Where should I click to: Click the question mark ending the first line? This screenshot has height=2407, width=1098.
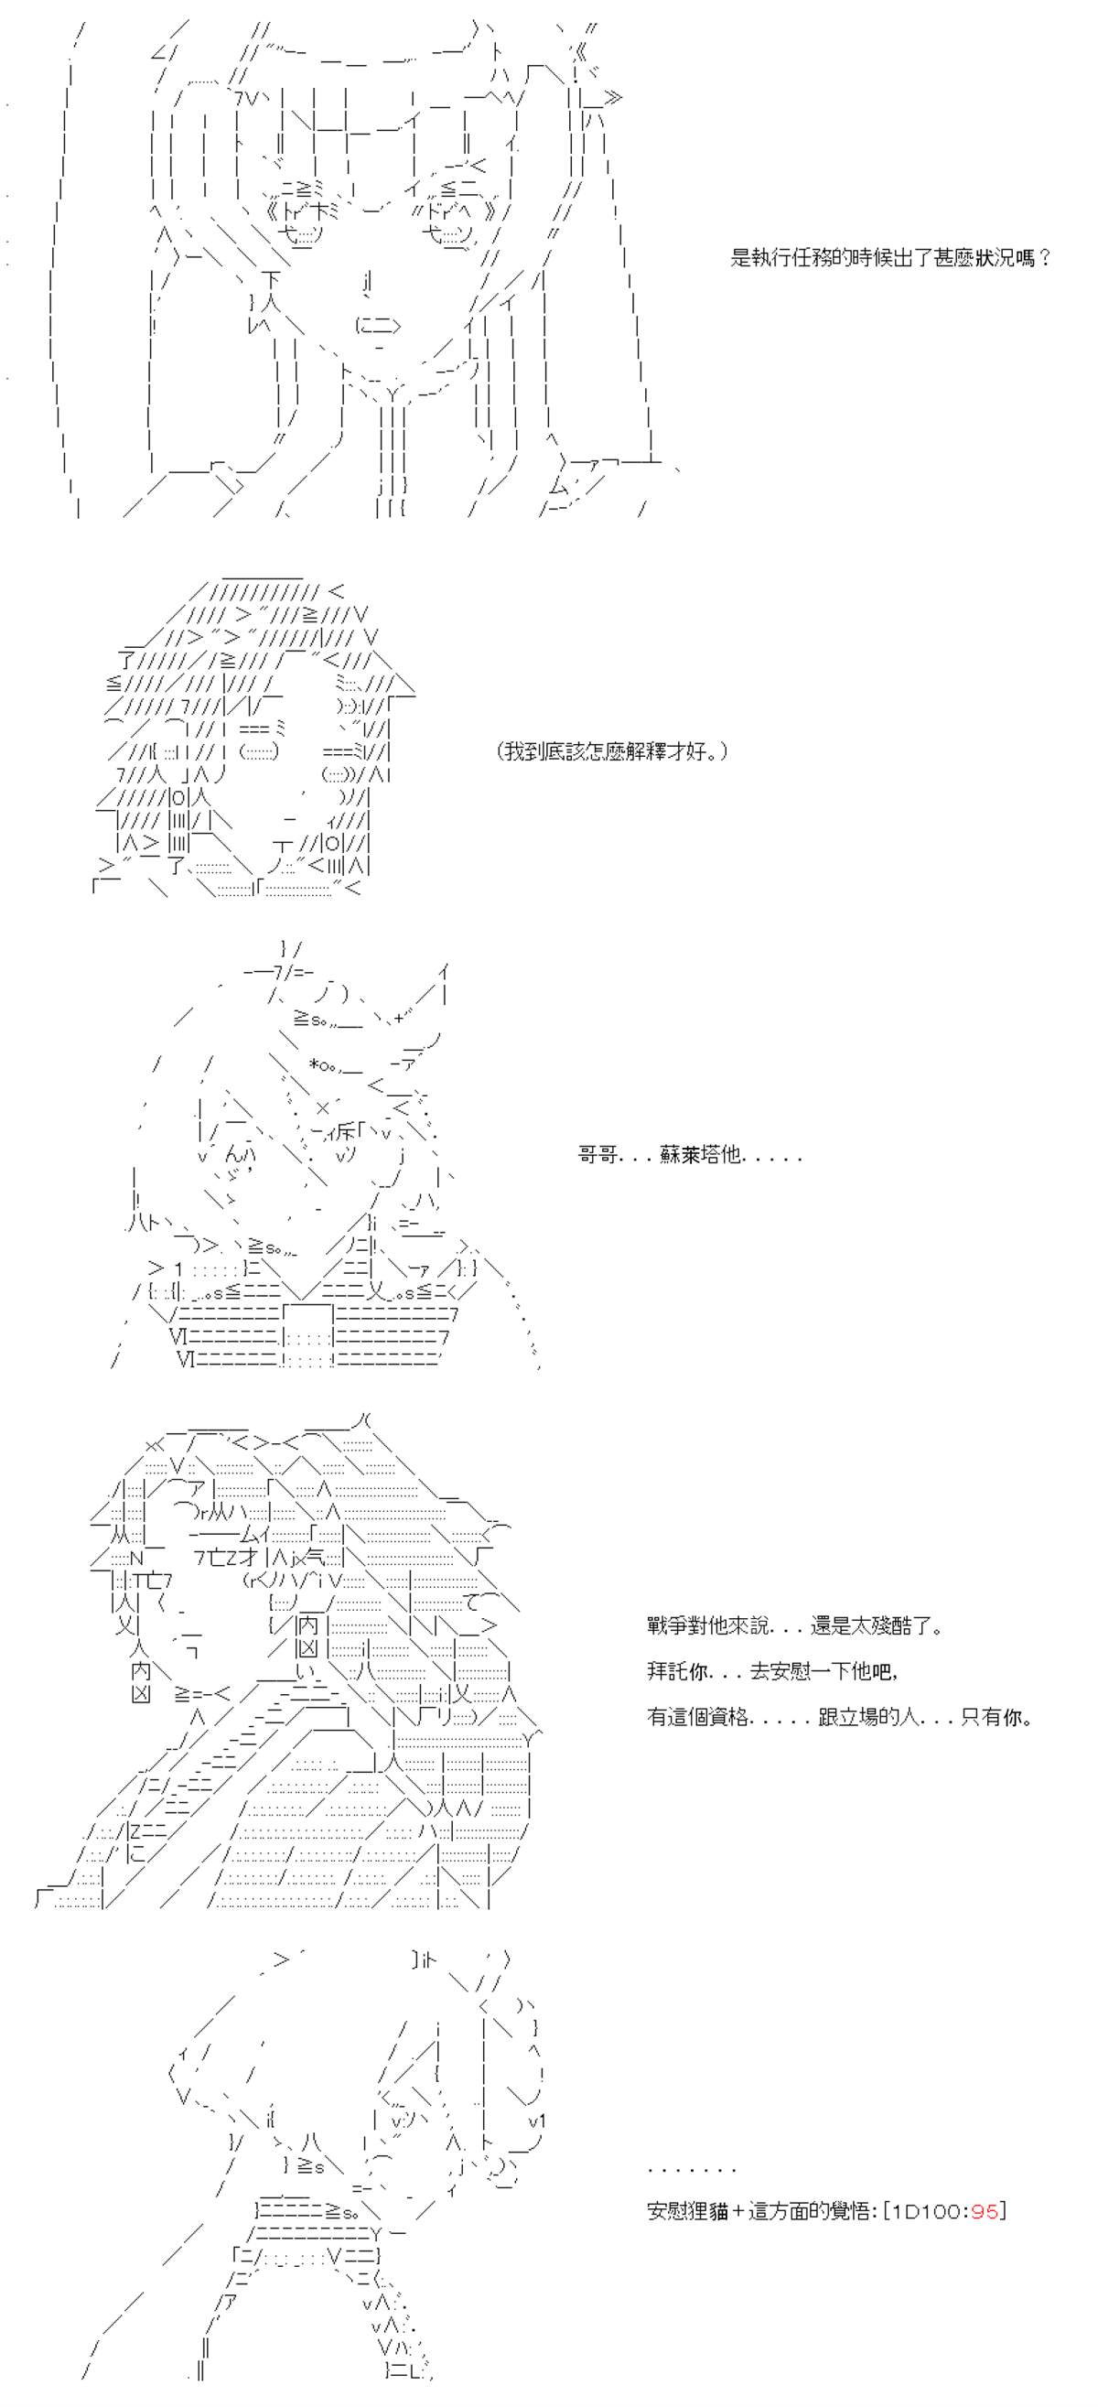tap(1046, 258)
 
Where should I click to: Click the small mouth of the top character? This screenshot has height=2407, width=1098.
tap(379, 325)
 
